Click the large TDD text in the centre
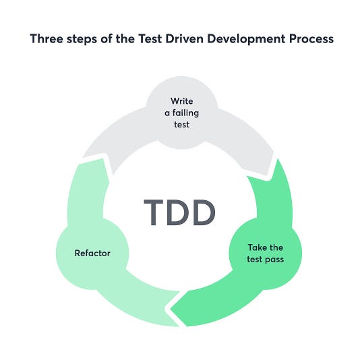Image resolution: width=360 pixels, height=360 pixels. [x=180, y=212]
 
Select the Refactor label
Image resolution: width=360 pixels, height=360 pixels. [x=92, y=253]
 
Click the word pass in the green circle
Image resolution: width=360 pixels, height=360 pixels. [x=276, y=258]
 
